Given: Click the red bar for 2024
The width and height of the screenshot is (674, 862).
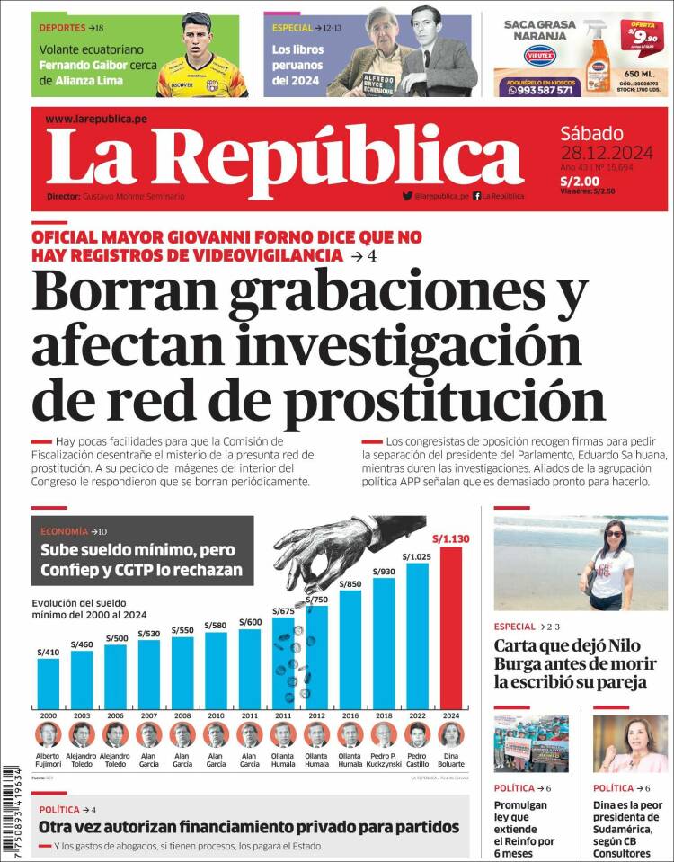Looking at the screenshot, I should pyautogui.click(x=451, y=629).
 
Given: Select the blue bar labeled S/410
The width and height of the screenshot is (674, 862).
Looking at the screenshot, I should pyautogui.click(x=48, y=684).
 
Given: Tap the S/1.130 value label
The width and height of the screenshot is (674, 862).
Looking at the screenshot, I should pyautogui.click(x=451, y=539).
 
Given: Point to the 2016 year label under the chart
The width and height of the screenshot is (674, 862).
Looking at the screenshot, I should pyautogui.click(x=350, y=715).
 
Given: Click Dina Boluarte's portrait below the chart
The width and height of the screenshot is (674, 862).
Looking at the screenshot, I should pyautogui.click(x=451, y=734).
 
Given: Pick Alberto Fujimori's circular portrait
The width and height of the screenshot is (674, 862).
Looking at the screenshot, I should pyautogui.click(x=48, y=734).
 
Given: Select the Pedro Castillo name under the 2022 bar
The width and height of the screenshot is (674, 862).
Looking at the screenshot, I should pyautogui.click(x=417, y=760).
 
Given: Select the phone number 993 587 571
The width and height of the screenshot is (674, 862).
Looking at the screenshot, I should pyautogui.click(x=545, y=90).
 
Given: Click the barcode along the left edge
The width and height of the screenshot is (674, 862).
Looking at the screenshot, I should pyautogui.click(x=12, y=809).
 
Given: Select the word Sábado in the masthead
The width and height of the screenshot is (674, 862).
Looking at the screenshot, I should pyautogui.click(x=591, y=130).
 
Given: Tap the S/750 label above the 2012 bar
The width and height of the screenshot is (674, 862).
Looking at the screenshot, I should pyautogui.click(x=316, y=600).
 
